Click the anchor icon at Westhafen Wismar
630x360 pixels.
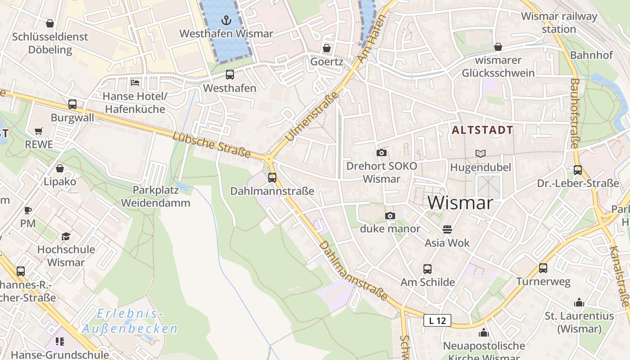click(226, 20)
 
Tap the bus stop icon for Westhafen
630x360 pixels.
click(229, 74)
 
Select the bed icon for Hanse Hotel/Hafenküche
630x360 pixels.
click(135, 82)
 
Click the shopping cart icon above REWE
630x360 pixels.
click(39, 131)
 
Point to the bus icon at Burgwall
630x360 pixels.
click(72, 104)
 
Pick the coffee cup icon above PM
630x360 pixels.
click(27, 210)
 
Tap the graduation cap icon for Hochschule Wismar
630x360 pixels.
click(66, 236)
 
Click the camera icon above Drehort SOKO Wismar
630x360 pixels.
click(381, 153)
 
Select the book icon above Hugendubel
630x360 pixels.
click(481, 153)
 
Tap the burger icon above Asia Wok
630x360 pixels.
click(447, 229)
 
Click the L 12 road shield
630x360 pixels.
click(437, 320)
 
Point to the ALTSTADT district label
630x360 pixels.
click(482, 130)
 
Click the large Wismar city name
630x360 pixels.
click(460, 203)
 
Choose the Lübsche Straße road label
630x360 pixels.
click(211, 144)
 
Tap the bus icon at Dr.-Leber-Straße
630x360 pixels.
click(578, 170)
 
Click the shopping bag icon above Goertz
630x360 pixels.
click(327, 48)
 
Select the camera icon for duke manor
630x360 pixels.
click(390, 216)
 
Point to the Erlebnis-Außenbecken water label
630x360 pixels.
click(130, 321)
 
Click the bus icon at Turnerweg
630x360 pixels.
click(543, 268)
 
